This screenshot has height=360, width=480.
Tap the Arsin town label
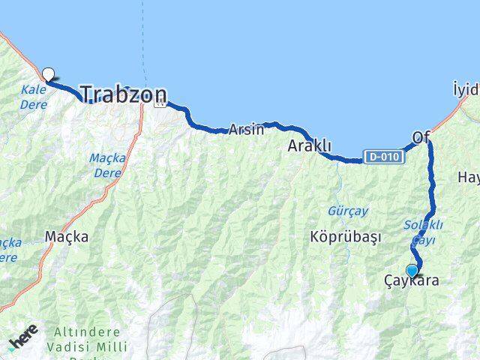point(247,129)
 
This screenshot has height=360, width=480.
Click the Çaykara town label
point(412,280)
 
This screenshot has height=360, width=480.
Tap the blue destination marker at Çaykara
point(412,271)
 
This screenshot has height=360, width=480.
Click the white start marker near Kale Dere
point(49,74)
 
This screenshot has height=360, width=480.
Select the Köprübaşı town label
point(345,236)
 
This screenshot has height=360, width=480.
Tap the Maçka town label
point(67,236)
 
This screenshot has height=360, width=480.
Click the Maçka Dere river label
point(107,164)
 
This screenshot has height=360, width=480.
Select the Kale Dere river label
point(34,96)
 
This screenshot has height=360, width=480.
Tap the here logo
point(23,342)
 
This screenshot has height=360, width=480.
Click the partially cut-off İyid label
point(466,90)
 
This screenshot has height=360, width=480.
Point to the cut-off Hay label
point(468,178)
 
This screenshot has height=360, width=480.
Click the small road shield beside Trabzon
point(159,103)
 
